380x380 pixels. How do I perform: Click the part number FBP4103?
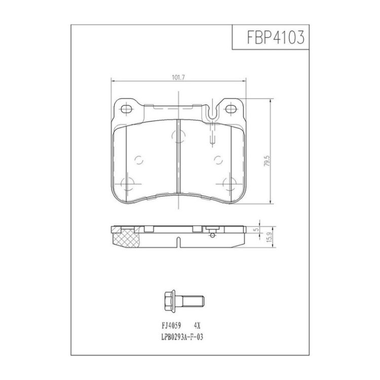pos(276,37)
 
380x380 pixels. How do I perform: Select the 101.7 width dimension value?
pos(178,78)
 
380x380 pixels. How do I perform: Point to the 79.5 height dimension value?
pos(267,161)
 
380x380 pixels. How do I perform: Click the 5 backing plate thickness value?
pos(257,230)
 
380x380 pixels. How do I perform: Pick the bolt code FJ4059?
pos(171,326)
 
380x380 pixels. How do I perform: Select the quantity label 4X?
pos(197,326)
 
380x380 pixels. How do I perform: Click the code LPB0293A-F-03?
pos(182,337)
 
